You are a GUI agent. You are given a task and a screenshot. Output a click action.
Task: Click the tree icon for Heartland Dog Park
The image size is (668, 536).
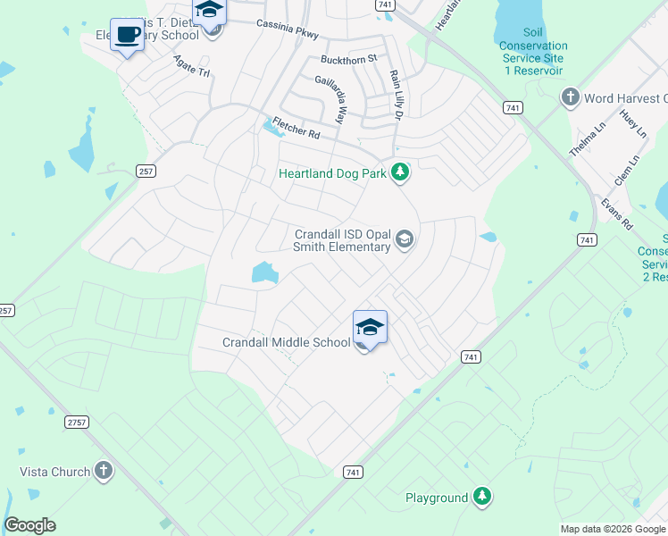tap(401, 172)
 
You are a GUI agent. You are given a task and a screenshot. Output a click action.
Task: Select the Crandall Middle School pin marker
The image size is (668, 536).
tap(370, 327)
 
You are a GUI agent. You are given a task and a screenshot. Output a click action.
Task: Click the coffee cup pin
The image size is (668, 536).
tap(127, 35)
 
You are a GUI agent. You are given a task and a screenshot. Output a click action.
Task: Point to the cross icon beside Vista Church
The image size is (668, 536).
tap(103, 471)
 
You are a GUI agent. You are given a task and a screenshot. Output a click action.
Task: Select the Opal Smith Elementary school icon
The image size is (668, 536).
tap(404, 239)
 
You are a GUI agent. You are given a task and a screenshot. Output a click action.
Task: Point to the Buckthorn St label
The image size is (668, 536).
tap(349, 59)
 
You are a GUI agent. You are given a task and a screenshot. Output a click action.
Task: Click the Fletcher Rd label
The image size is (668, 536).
tap(296, 130)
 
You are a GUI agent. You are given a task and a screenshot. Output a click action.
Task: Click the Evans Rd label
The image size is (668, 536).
tap(616, 214)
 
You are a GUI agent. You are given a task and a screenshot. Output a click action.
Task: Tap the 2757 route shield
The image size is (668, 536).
tap(77, 420)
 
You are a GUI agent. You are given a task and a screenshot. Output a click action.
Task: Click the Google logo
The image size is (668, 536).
tap(29, 525)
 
